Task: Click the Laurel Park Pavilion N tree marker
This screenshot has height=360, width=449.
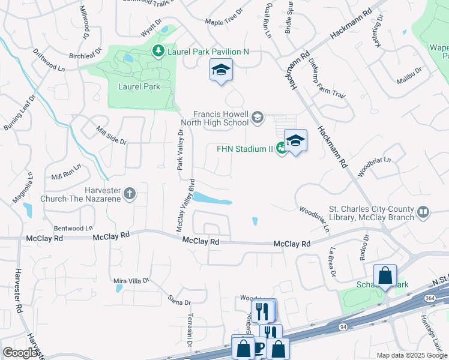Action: click(158, 52)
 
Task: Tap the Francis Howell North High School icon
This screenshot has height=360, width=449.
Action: click(258, 116)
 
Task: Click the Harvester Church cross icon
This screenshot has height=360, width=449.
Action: click(130, 193)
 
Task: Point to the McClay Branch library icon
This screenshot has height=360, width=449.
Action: click(423, 212)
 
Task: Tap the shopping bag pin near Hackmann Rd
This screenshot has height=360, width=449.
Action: click(385, 276)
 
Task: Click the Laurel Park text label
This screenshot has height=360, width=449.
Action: click(138, 86)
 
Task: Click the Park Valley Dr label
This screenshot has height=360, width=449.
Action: click(180, 149)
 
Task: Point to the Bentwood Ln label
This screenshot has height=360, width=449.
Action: click(73, 229)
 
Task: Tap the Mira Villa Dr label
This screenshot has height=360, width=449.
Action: click(131, 280)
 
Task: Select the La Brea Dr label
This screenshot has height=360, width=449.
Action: click(332, 263)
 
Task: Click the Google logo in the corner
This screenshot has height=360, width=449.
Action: click(20, 352)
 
